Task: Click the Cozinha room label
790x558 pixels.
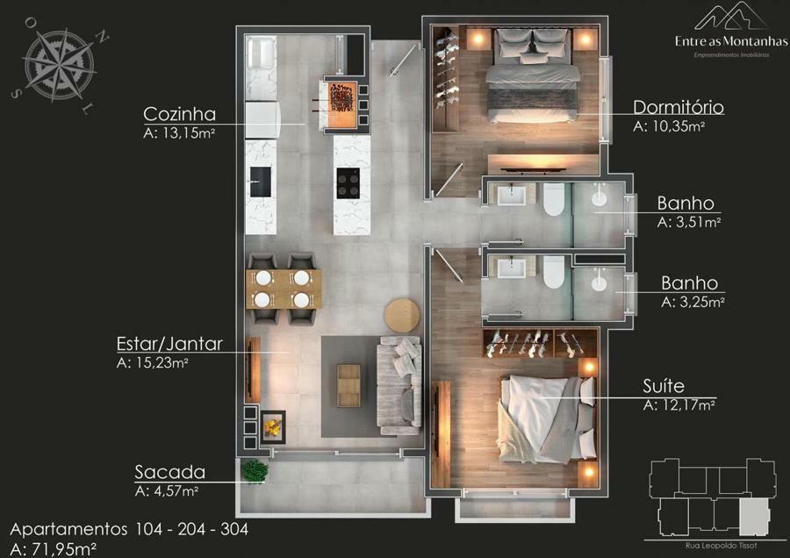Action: click(x=179, y=114)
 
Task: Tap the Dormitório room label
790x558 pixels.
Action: click(x=679, y=107)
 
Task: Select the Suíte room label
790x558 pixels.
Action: click(x=664, y=386)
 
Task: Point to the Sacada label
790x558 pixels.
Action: click(x=169, y=472)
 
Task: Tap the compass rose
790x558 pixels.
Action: click(x=60, y=65)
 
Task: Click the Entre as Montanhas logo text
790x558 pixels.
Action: click(x=731, y=41)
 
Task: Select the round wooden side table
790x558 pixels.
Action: click(x=402, y=316)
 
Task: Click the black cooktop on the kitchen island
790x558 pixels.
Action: click(x=348, y=183)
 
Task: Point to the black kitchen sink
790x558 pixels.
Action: click(x=261, y=182)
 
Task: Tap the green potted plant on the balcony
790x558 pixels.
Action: click(x=255, y=471)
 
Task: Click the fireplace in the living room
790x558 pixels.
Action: click(x=273, y=426)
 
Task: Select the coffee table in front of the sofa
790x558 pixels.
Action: click(x=348, y=385)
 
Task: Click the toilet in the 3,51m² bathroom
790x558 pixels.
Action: click(x=554, y=199)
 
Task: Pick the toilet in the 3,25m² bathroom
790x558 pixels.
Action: click(x=554, y=272)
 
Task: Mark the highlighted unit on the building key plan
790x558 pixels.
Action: click(x=753, y=518)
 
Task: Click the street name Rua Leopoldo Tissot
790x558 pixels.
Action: click(x=721, y=546)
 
